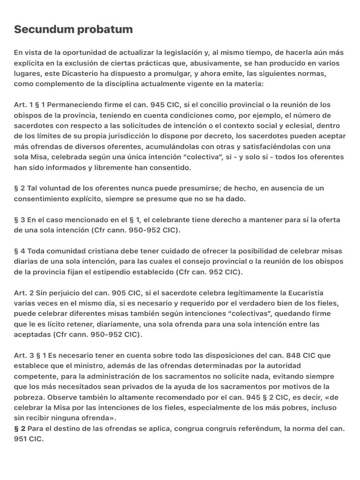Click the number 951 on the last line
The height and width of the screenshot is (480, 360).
[x=22, y=439]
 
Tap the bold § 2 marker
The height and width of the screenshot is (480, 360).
[x=20, y=428]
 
